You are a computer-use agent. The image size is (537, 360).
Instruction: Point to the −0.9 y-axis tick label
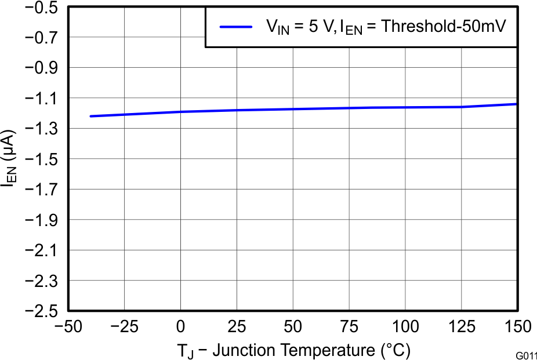[40, 68]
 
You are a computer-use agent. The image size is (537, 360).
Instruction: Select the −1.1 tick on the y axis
[40, 99]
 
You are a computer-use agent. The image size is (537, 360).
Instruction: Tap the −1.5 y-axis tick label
[40, 159]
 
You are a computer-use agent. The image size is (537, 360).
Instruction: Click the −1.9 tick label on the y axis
[40, 220]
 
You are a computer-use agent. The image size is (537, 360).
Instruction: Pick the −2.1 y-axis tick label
[40, 250]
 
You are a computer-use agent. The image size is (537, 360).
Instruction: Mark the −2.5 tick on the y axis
[40, 311]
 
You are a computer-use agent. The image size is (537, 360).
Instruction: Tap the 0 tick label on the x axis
[181, 328]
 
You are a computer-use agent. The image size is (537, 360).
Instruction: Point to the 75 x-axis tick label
[349, 328]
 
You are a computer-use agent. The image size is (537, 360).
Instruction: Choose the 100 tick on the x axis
[405, 328]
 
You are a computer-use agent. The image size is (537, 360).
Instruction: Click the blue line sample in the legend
[235, 27]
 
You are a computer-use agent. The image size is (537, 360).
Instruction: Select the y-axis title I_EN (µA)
[9, 159]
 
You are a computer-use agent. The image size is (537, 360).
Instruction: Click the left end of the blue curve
[90, 117]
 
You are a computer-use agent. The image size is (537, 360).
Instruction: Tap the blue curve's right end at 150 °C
[516, 104]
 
